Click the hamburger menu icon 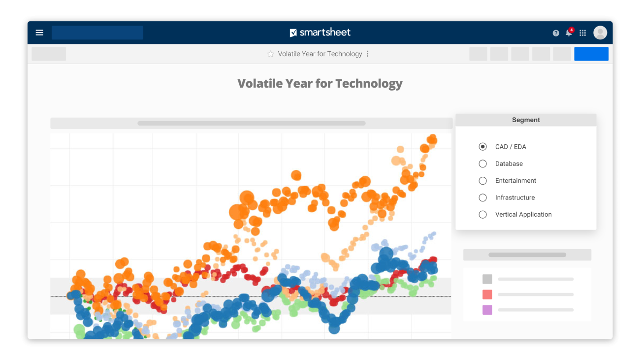[x=39, y=33]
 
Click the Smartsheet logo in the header [x=320, y=33]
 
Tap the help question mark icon [x=556, y=33]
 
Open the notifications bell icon [x=569, y=33]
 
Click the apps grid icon [x=582, y=33]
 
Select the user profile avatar [x=600, y=33]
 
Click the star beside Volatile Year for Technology [x=270, y=54]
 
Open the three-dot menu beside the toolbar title [x=367, y=54]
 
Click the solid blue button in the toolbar [x=591, y=54]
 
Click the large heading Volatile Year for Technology [x=320, y=84]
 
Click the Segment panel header [x=526, y=120]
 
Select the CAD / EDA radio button [x=482, y=147]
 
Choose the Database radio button [x=482, y=164]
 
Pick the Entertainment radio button [x=482, y=181]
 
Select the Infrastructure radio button [x=482, y=197]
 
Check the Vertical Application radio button [x=482, y=215]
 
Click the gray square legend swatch [x=487, y=279]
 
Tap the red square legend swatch [x=487, y=295]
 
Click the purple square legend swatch [x=487, y=310]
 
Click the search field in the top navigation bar [x=97, y=33]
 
